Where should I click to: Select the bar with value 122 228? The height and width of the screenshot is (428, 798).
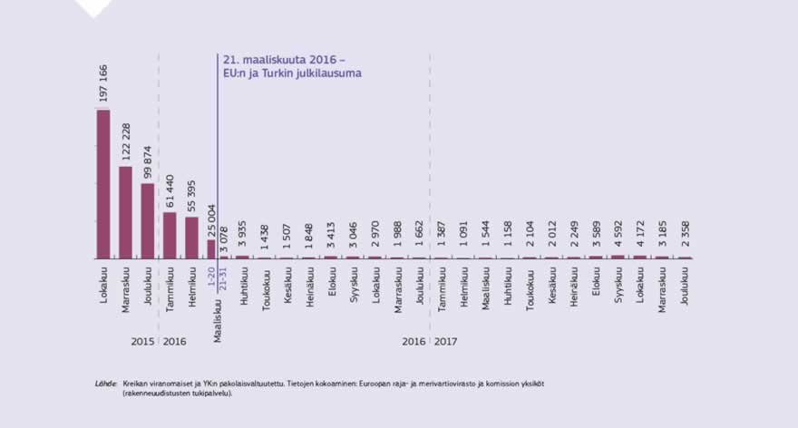[125, 212]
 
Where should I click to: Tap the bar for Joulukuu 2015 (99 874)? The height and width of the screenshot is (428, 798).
[147, 221]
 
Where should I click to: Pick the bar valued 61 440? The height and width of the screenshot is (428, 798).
[170, 236]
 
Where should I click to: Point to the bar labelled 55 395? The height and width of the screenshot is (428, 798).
[191, 238]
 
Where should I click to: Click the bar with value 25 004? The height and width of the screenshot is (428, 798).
[211, 249]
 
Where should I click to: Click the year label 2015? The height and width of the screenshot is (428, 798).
[141, 342]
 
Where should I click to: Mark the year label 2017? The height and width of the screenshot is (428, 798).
[445, 342]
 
